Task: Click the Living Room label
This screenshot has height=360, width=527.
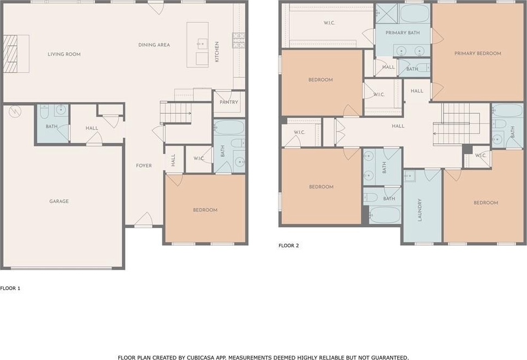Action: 64,54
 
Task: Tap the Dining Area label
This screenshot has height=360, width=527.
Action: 154,45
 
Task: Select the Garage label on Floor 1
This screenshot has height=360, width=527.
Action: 59,201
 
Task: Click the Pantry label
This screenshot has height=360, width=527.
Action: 228,102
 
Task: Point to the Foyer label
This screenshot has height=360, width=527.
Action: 143,166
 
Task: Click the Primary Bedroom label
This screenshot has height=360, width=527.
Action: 477,53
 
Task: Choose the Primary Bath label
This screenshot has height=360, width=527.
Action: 402,33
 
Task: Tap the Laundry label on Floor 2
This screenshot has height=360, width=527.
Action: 420,210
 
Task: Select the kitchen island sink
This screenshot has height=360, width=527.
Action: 202,44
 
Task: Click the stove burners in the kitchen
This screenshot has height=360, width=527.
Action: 238,40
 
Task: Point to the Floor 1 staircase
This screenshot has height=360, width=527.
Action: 175,113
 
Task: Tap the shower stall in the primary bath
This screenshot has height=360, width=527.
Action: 386,14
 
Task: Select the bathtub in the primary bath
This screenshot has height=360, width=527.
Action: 415,14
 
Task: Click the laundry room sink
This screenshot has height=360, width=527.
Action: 410,176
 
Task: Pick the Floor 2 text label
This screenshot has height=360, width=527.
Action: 288,246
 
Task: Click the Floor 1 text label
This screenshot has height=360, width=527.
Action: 10,288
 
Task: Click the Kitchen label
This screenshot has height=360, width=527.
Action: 217,52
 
